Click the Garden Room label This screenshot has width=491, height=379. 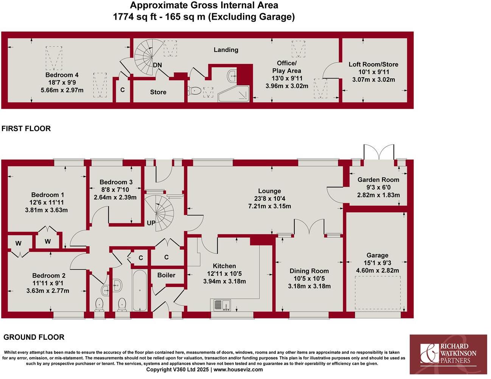[378, 180]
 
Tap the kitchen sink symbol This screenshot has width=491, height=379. [222, 305]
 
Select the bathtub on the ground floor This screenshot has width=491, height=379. [140, 290]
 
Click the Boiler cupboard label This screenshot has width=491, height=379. [166, 275]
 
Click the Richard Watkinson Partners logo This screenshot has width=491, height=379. [448, 354]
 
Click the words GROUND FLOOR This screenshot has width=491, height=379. [34, 337]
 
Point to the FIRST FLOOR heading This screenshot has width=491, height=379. [26, 128]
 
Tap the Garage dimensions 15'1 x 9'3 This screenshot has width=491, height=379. [377, 263]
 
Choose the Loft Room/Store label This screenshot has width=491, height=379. [373, 64]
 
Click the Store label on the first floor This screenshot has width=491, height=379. [158, 92]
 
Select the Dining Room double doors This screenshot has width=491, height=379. [309, 227]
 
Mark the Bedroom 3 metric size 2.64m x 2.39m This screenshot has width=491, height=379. [115, 197]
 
